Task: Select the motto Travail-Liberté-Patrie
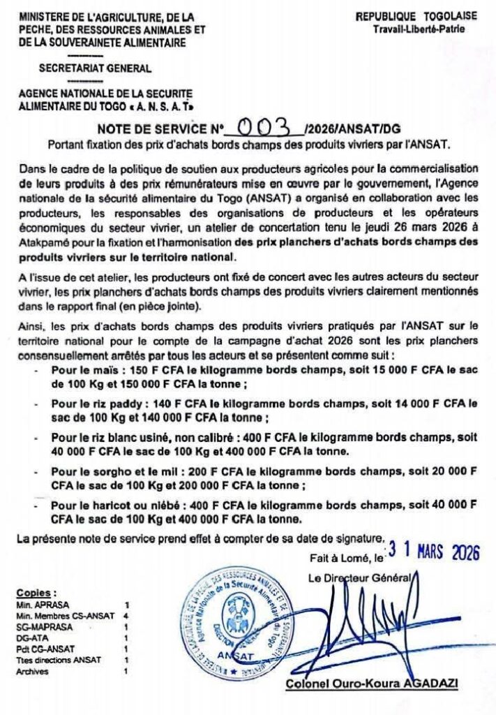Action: click(x=418, y=29)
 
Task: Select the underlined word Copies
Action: click(x=36, y=592)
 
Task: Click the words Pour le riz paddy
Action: click(x=90, y=404)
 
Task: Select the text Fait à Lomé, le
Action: click(x=346, y=558)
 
